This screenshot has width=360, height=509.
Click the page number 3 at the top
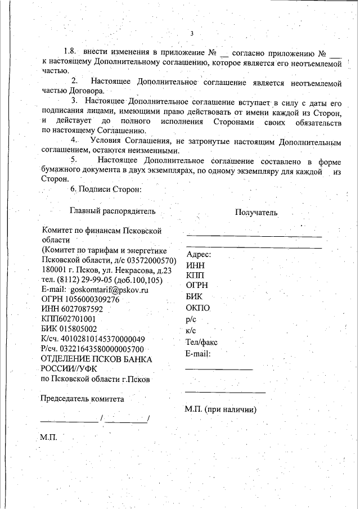[191, 33]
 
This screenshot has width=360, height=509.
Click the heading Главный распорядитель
[112, 211]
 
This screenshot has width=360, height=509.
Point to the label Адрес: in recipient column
[198, 255]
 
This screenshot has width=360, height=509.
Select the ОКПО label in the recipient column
[198, 308]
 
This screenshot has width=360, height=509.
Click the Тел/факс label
[201, 342]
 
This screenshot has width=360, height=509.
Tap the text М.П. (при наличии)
[220, 409]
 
